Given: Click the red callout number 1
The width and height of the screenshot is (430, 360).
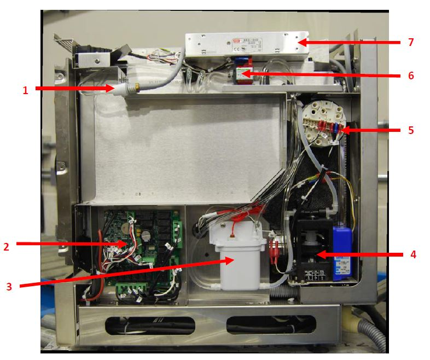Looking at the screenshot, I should pyautogui.click(x=25, y=91).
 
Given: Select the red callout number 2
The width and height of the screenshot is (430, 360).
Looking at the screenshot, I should pyautogui.click(x=7, y=247).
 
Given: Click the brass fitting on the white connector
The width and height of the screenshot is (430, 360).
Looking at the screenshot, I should pyautogui.click(x=131, y=86).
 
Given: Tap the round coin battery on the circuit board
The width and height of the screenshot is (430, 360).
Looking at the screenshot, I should pyautogui.click(x=146, y=233).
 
